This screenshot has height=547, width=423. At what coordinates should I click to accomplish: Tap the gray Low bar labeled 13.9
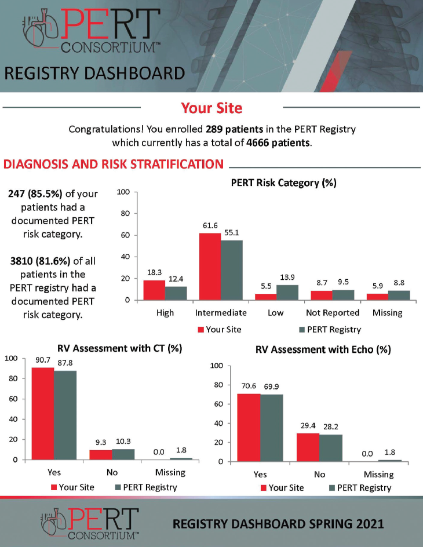pos(287,293)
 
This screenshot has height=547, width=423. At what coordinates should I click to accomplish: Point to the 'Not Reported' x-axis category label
pos(333,312)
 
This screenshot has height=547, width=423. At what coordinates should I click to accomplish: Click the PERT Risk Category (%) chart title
pos(283,183)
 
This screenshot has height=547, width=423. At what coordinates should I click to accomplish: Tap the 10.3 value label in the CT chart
pos(123,442)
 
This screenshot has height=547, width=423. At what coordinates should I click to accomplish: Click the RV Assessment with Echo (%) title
pos(323,349)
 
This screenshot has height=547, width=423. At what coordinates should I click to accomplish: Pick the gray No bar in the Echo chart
pos(331,448)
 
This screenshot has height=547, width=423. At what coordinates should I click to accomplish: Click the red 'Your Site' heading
pos(211,108)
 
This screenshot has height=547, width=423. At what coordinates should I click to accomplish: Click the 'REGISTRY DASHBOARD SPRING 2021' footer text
pos(278,524)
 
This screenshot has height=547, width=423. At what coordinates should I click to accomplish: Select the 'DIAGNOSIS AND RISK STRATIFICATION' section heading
pos(114,164)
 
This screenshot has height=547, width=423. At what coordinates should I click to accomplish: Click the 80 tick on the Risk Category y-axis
pos(123,213)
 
